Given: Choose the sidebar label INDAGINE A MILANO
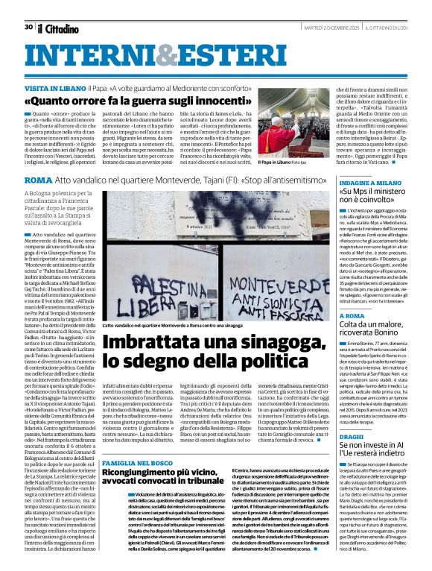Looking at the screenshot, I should pos(370,182).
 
